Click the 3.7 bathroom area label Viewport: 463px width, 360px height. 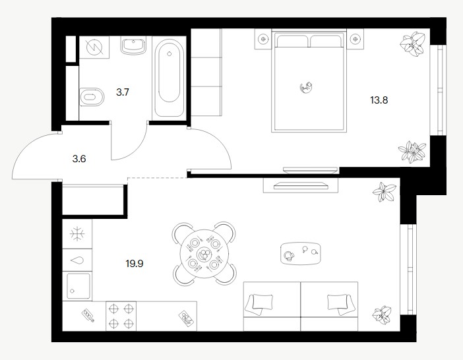click(x=123, y=92)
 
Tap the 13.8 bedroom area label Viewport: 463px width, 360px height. click(x=379, y=100)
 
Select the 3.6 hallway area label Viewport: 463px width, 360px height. click(x=79, y=159)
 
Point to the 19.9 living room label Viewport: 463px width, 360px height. click(x=135, y=263)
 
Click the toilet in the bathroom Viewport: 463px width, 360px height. click(x=92, y=97)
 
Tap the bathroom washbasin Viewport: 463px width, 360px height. click(x=134, y=45)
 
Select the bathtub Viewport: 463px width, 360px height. click(x=170, y=78)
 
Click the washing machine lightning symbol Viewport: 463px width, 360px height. click(x=94, y=47)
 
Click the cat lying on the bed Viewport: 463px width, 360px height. click(x=306, y=87)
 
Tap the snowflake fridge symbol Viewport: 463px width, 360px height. click(x=77, y=234)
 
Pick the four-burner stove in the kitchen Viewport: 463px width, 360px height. click(x=121, y=316)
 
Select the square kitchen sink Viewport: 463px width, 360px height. click(x=78, y=286)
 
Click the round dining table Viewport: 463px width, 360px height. click(x=204, y=254)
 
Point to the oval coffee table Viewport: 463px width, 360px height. click(x=301, y=254)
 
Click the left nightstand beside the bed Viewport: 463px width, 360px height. click(x=262, y=39)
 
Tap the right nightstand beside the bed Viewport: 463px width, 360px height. click(x=355, y=39)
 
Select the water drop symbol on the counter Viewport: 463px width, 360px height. click(x=77, y=260)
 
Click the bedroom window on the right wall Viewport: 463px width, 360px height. click(x=438, y=90)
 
